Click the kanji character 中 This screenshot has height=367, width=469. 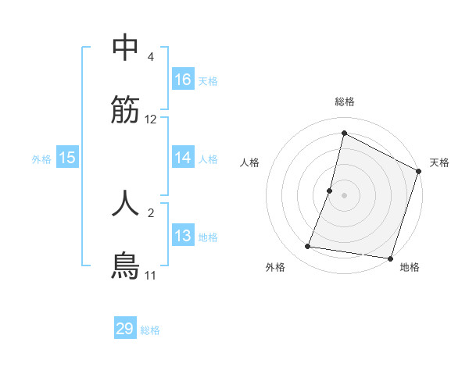125,48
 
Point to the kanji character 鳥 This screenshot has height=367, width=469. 125,266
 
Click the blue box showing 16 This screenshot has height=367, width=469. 183,80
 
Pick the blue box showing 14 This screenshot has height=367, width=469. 183,158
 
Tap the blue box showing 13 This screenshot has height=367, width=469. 183,236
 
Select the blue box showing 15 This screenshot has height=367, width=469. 67,158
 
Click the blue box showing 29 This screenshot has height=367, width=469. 125,329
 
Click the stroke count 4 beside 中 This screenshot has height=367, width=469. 151,57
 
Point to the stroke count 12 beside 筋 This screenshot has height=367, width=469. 151,119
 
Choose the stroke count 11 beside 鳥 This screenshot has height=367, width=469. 151,276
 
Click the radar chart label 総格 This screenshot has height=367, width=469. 345,102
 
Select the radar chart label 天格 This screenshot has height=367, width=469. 439,162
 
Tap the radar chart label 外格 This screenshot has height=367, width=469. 275,267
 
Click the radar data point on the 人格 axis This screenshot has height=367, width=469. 330,191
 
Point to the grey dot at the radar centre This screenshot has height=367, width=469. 345,195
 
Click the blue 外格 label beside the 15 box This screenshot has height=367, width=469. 41,159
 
